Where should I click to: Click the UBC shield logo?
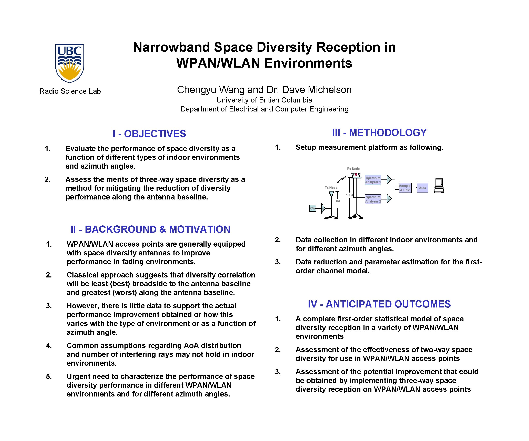pyautogui.click(x=70, y=63)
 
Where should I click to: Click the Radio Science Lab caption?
pyautogui.click(x=70, y=91)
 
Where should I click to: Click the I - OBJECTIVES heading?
pyautogui.click(x=149, y=134)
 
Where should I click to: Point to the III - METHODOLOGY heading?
pyautogui.click(x=379, y=133)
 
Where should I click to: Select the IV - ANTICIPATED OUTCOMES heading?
pyautogui.click(x=379, y=304)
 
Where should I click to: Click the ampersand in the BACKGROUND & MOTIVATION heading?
pyautogui.click(x=162, y=229)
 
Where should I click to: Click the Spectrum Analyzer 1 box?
pyautogui.click(x=373, y=180)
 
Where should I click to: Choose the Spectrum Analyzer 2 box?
pyautogui.click(x=373, y=199)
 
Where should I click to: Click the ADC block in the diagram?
pyautogui.click(x=422, y=188)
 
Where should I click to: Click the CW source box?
pyautogui.click(x=312, y=208)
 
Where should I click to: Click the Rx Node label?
pyautogui.click(x=353, y=169)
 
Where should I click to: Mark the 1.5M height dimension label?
pyautogui.click(x=349, y=195)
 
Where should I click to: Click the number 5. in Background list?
pyautogui.click(x=49, y=376)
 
